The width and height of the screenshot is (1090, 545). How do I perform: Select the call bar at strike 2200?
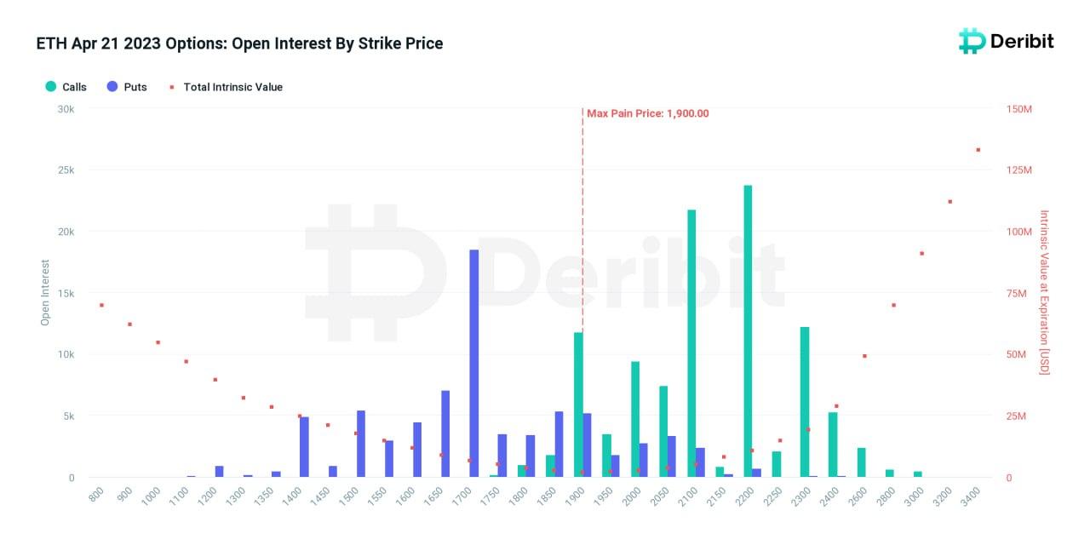point(748,331)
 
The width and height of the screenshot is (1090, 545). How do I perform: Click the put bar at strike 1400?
point(304,447)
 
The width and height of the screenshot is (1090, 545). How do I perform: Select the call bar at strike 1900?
point(578,404)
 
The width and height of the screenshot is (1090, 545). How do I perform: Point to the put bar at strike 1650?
point(445,434)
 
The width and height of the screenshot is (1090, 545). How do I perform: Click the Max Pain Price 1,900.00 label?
point(648,113)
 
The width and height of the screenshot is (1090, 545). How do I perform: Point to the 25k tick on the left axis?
point(66,170)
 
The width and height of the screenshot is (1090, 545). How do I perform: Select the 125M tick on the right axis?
point(1018,170)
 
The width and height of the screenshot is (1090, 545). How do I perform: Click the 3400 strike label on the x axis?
point(971,495)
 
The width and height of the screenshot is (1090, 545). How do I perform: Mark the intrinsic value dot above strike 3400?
point(978,150)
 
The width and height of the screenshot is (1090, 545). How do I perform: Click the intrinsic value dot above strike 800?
point(101,305)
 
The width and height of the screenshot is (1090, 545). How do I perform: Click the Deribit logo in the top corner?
point(1007,41)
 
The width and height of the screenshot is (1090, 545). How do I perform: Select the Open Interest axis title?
point(45,292)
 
